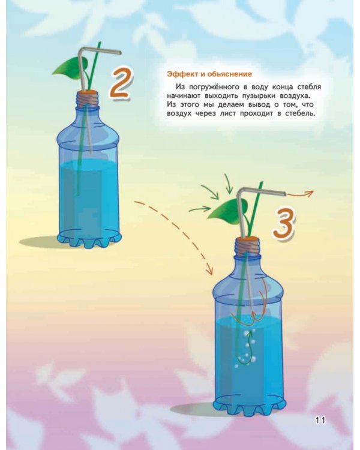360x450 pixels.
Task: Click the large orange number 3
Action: click(284, 224)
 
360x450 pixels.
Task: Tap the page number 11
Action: click(320, 421)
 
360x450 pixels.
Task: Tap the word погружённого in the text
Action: click(213, 87)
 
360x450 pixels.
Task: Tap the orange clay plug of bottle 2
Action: click(88, 92)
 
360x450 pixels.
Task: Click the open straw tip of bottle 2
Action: click(120, 53)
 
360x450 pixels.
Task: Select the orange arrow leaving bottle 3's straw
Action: click(300, 193)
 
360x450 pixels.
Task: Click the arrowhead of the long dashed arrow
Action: click(210, 271)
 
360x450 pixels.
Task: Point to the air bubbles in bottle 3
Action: click(245, 348)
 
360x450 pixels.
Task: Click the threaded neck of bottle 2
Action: click(88, 101)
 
